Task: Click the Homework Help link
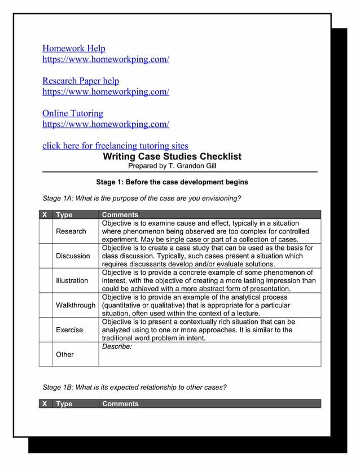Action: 74,49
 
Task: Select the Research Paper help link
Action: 81,81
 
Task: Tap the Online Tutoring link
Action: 73,113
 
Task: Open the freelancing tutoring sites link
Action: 115,146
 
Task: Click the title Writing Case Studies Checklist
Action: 172,156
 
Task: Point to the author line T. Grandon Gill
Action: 172,166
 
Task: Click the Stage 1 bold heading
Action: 172,182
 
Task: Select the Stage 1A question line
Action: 142,198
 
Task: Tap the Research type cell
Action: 71,231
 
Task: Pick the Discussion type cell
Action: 73,256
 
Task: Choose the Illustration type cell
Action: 72,280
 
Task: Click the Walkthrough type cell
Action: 76,305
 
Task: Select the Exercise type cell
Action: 69,329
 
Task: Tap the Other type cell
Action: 65,354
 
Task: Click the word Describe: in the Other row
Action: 117,346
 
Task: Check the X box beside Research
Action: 46,231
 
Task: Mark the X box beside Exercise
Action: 46,329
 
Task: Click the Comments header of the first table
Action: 120,214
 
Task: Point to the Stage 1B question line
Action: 135,387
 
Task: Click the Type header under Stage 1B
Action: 64,403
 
